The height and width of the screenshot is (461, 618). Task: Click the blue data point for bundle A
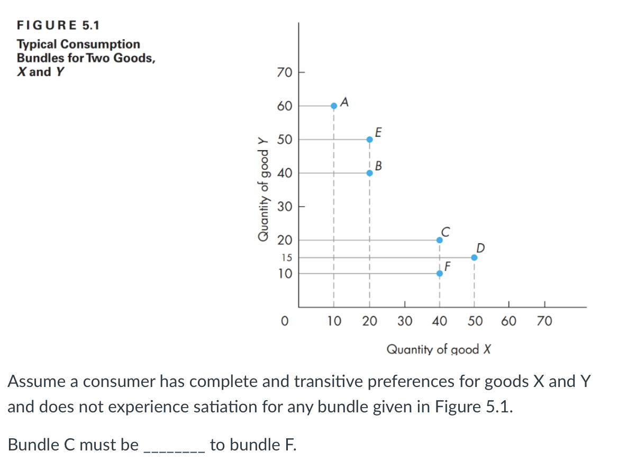[334, 106]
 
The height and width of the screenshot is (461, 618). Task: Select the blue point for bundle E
[369, 140]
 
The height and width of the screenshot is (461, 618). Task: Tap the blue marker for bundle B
[369, 173]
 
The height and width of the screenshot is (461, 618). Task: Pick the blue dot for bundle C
[439, 240]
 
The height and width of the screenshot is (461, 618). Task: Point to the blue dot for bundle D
[474, 257]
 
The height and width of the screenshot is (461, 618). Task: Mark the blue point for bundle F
[439, 273]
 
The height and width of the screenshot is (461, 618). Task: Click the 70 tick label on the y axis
[284, 72]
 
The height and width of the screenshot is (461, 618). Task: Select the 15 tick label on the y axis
[286, 258]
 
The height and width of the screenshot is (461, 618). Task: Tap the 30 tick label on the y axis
[284, 207]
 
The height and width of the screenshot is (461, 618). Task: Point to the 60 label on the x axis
[508, 321]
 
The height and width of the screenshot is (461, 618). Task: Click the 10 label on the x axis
[333, 321]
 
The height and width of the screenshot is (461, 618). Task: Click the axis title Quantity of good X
[440, 349]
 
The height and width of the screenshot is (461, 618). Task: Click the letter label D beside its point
[480, 247]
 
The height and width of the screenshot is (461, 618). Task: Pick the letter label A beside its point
[344, 101]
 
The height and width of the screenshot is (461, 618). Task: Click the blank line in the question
[174, 445]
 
